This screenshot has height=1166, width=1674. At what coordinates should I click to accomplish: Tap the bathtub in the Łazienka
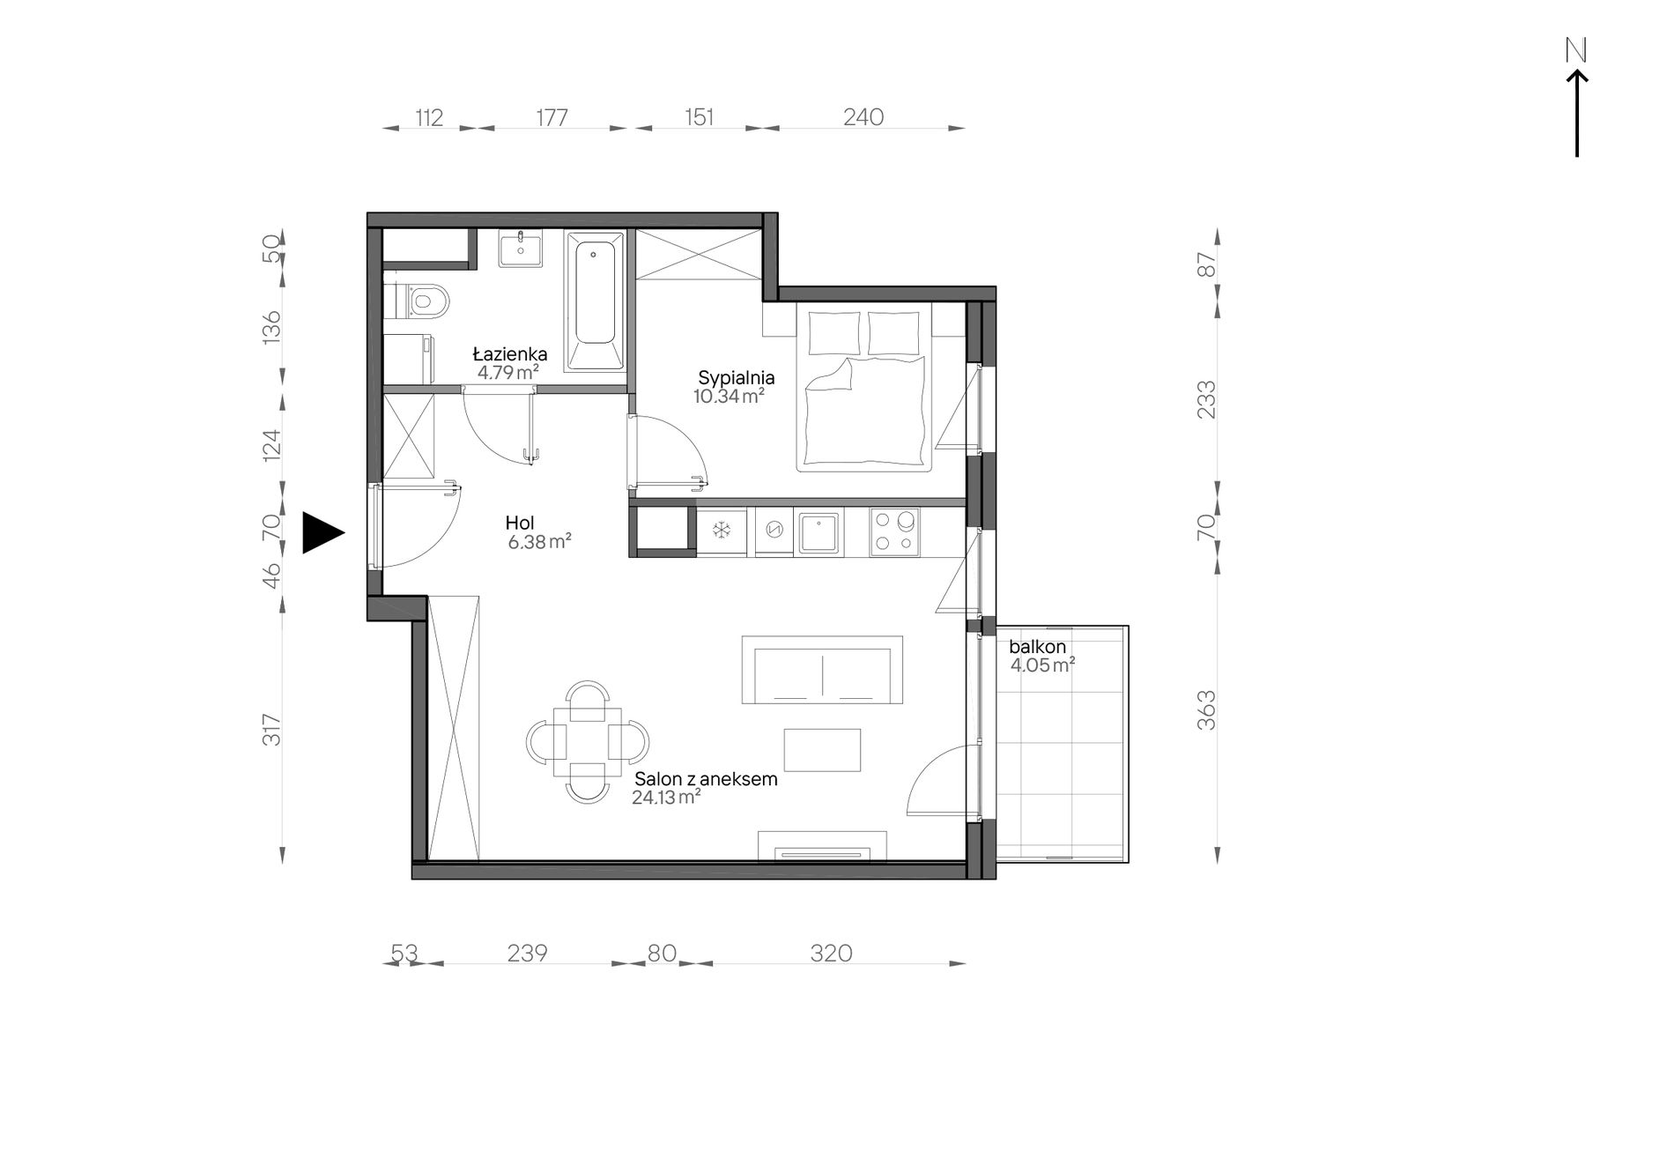[x=595, y=301]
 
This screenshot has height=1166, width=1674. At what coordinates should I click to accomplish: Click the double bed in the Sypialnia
[x=864, y=387]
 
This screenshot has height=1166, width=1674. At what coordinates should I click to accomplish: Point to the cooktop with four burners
[x=894, y=531]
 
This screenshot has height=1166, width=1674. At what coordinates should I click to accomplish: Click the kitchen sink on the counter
[x=820, y=531]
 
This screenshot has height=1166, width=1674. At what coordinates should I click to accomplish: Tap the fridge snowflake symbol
[x=722, y=531]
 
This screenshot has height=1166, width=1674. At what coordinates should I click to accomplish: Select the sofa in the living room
[x=822, y=670]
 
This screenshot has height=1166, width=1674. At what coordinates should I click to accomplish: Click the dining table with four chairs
[x=588, y=741]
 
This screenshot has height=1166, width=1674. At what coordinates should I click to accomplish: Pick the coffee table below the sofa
[x=822, y=750]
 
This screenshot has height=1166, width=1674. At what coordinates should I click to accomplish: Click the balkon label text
[x=1037, y=647]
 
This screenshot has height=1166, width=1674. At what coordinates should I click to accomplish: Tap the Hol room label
[x=520, y=523]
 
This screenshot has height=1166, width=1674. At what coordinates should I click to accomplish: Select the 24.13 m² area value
[x=666, y=798]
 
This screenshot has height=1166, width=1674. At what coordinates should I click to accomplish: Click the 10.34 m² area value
[x=728, y=397]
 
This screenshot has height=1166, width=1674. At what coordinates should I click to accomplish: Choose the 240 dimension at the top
[x=863, y=116]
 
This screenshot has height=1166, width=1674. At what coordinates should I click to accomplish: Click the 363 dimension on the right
[x=1207, y=710]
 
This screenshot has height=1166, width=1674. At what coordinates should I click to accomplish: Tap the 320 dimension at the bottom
[x=831, y=953]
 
